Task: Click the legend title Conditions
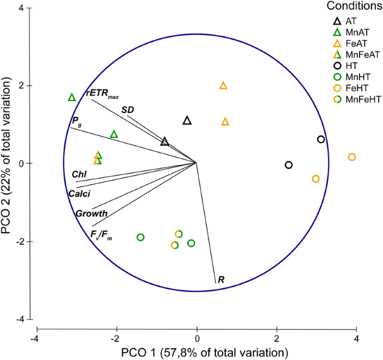(351, 7)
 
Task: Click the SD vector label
(127, 110)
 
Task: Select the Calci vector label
(79, 193)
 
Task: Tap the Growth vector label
(88, 214)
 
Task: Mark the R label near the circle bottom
(221, 279)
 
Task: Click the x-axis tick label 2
(277, 339)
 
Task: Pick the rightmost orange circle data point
(352, 157)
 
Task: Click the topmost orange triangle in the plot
(223, 86)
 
